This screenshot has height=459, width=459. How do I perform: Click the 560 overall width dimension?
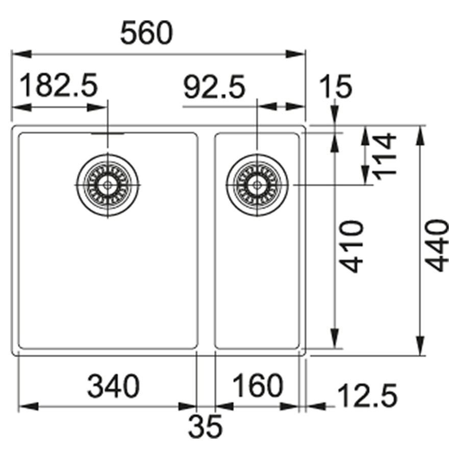click(x=146, y=33)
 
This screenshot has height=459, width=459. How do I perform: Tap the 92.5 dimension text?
click(x=214, y=87)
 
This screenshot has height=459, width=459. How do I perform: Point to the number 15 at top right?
click(x=336, y=86)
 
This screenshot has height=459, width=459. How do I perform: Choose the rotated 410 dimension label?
click(x=352, y=246)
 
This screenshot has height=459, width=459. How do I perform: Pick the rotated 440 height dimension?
click(x=437, y=245)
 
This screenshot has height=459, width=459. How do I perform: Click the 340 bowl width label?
click(x=114, y=386)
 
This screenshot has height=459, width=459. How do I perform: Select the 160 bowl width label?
click(x=258, y=386)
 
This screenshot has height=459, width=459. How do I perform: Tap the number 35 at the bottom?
click(x=205, y=426)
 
